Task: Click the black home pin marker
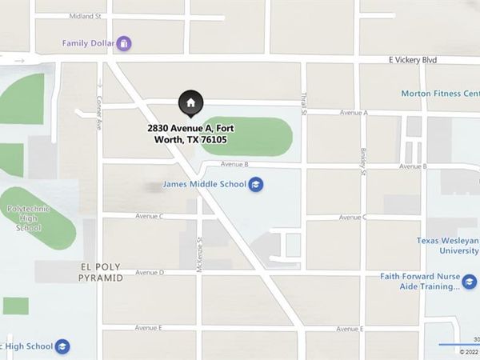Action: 190,102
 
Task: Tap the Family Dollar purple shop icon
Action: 124,43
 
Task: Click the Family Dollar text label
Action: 88,43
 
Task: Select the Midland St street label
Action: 86,16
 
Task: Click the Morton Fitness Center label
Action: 440,94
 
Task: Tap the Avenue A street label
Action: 353,113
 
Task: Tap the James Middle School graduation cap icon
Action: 256,185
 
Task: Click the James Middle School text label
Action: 205,185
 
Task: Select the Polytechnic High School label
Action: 28,218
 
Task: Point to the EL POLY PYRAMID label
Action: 101,272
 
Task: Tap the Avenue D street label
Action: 150,273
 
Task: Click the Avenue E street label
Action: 148,328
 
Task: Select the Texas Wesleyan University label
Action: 448,245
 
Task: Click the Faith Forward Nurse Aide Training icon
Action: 470,282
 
